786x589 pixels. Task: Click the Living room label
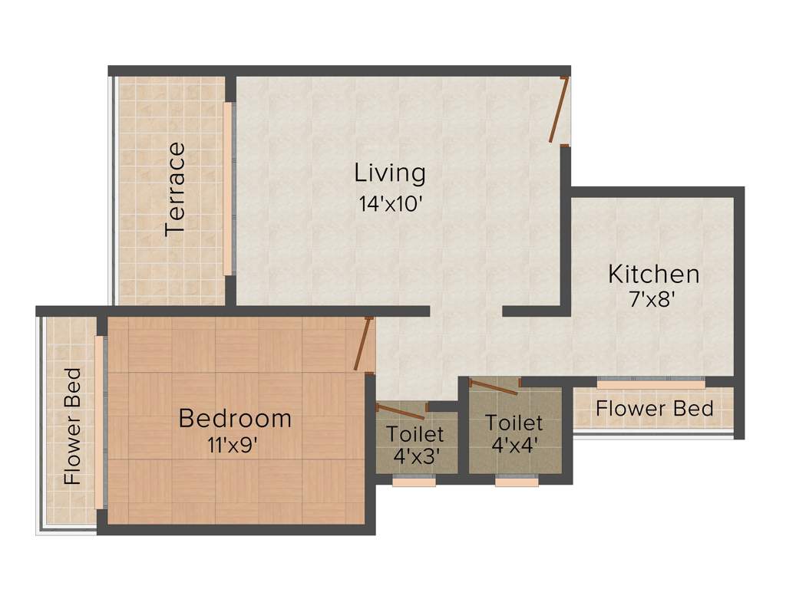point(390,173)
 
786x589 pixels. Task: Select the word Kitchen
point(653,274)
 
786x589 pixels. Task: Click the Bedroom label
point(235,419)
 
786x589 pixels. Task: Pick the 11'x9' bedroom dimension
point(234,445)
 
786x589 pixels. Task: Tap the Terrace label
point(176,188)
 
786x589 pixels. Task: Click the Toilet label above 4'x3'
point(414,433)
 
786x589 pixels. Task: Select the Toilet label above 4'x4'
point(514,423)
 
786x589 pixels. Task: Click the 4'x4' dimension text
point(514,445)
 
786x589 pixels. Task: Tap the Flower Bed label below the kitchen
point(654,409)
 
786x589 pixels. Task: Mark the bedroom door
point(363,344)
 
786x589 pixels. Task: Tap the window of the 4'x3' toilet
point(414,481)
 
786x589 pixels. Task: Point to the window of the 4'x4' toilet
point(517,481)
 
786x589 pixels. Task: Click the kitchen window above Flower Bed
point(651,381)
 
